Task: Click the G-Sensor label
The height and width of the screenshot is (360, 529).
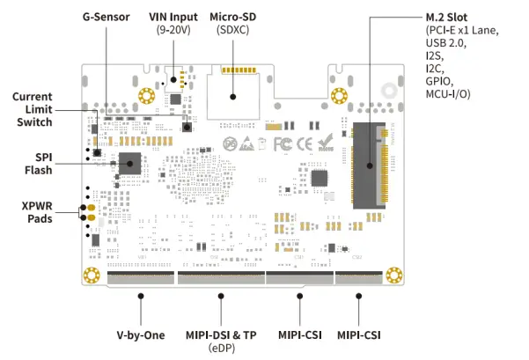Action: click(x=106, y=18)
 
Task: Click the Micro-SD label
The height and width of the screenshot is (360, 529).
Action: click(x=234, y=18)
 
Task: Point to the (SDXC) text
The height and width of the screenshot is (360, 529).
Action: click(x=234, y=32)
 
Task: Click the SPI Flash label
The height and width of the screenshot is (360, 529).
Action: click(x=39, y=163)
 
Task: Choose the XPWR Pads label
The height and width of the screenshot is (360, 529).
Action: click(x=37, y=212)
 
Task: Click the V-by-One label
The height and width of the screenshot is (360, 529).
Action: click(x=141, y=335)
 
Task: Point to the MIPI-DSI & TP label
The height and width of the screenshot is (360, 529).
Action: click(x=222, y=335)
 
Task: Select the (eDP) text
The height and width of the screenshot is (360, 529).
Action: click(x=222, y=349)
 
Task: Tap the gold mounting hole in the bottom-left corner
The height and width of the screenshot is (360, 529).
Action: click(x=89, y=276)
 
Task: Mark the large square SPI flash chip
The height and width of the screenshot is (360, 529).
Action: click(x=130, y=163)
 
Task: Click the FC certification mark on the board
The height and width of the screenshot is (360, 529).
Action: click(x=283, y=142)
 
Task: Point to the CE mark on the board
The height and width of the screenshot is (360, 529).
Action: click(x=305, y=142)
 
